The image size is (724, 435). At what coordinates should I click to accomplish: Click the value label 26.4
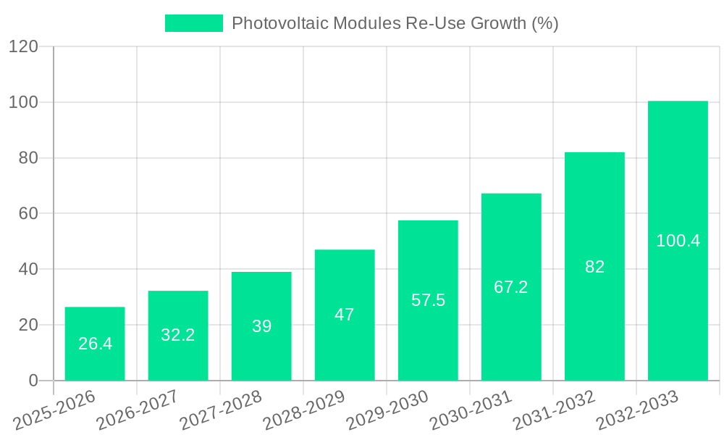click(x=95, y=344)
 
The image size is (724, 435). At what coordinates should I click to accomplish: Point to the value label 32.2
click(x=178, y=335)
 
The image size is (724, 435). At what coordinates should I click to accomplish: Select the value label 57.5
click(x=428, y=300)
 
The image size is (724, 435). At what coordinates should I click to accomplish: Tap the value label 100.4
click(x=678, y=241)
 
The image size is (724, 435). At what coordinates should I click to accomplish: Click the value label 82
click(x=594, y=267)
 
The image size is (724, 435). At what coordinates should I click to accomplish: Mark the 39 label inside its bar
click(x=261, y=326)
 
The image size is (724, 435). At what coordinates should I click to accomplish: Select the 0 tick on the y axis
click(x=33, y=381)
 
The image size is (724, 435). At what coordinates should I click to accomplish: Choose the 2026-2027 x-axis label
click(x=138, y=410)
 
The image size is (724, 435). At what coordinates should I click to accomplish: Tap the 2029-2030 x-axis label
click(x=387, y=410)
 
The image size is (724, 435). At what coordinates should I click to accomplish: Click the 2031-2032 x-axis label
click(x=554, y=410)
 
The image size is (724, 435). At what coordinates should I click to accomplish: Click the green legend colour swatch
click(x=194, y=23)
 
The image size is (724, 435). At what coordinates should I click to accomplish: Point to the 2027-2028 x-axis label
click(x=221, y=410)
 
